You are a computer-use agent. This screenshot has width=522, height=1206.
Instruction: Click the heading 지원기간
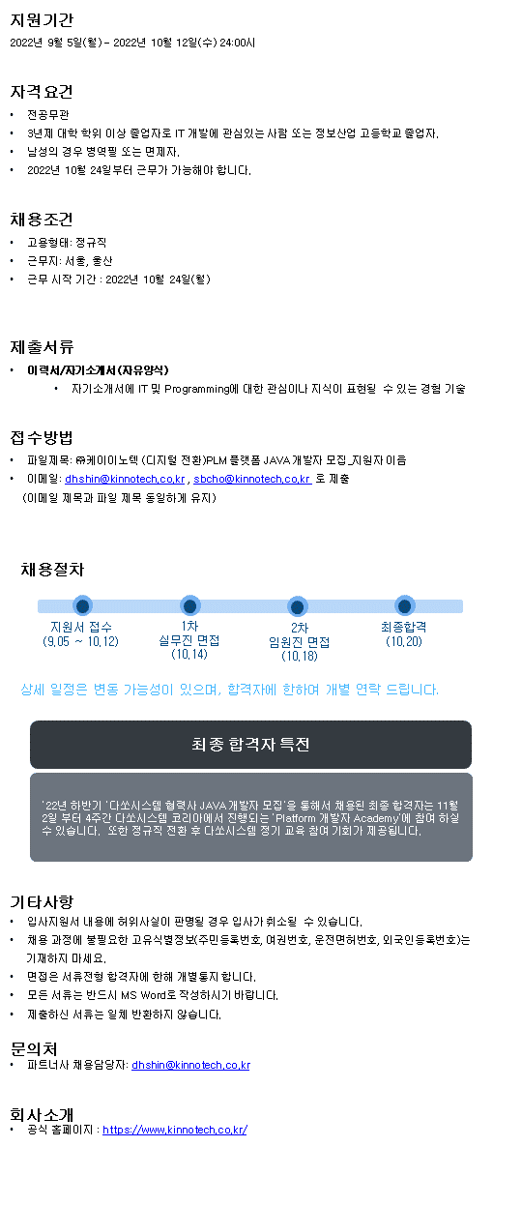click(x=42, y=20)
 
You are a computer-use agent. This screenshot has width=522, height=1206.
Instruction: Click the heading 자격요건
click(x=42, y=92)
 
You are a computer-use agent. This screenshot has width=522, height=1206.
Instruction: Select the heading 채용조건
click(x=42, y=220)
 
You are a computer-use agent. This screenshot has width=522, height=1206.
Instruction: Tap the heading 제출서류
click(x=42, y=347)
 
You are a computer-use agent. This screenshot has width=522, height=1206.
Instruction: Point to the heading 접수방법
click(x=42, y=437)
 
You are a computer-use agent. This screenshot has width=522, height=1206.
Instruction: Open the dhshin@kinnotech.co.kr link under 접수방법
click(x=125, y=479)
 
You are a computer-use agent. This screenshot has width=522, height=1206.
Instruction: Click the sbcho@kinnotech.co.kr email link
click(x=252, y=479)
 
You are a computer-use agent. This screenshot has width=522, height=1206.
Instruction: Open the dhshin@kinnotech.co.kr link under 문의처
click(x=191, y=1065)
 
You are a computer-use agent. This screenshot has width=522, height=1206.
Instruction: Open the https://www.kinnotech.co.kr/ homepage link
click(x=175, y=1129)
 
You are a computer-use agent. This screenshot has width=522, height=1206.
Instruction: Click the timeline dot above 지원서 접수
click(x=82, y=605)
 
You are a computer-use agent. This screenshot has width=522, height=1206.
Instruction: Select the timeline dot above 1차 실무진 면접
click(x=190, y=605)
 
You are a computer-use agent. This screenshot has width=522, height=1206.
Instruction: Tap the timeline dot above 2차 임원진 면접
click(x=298, y=606)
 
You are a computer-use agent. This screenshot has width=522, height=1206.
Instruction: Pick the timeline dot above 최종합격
click(x=405, y=605)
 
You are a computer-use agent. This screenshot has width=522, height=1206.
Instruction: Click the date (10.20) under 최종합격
click(x=404, y=641)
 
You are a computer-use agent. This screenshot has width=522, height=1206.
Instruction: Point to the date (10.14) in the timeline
click(x=189, y=654)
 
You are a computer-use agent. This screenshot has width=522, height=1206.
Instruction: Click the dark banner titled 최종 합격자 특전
click(x=250, y=744)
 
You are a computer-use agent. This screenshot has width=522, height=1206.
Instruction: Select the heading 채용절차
click(x=53, y=569)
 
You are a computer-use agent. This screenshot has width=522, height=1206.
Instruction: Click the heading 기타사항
click(x=42, y=901)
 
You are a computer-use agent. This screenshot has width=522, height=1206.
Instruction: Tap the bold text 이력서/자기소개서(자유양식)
click(x=98, y=369)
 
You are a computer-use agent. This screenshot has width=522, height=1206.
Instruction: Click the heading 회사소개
click(x=42, y=1114)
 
